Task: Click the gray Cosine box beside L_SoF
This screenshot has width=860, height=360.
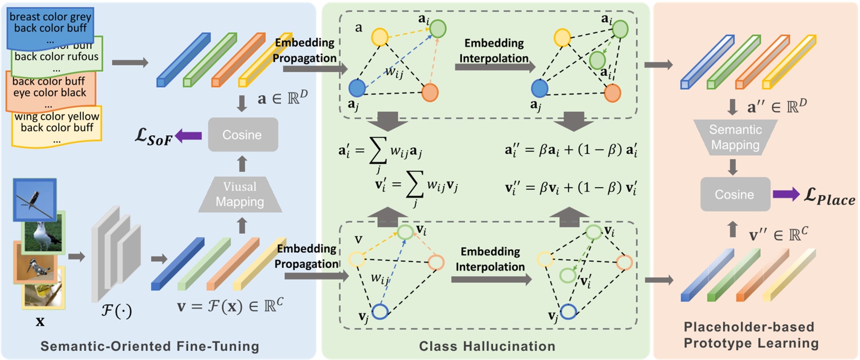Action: click(x=242, y=135)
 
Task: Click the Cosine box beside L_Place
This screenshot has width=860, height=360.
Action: click(x=734, y=194)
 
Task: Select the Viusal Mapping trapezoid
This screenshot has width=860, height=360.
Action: click(x=240, y=194)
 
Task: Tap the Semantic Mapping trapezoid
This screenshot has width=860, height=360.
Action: click(x=735, y=137)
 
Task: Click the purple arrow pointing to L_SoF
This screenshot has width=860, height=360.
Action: click(x=188, y=136)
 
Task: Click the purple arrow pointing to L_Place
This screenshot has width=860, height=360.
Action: click(x=786, y=194)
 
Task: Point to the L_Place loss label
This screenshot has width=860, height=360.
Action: click(x=829, y=197)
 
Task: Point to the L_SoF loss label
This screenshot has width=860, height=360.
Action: click(x=153, y=136)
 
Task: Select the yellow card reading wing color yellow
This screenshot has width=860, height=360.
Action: click(x=57, y=127)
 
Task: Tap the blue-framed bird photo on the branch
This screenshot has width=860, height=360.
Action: click(x=35, y=199)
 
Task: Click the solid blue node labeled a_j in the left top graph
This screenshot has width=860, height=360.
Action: click(x=357, y=88)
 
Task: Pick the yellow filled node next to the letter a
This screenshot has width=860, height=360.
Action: click(x=380, y=37)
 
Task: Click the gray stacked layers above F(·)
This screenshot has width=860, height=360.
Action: click(x=116, y=253)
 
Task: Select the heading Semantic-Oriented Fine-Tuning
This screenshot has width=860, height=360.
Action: click(x=150, y=346)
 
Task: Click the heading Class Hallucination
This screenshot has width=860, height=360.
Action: click(x=487, y=346)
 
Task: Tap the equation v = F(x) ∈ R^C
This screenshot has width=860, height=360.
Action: click(x=230, y=306)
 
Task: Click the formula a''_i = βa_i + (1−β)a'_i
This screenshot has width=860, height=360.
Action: click(x=571, y=150)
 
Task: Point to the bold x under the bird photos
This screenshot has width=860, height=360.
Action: click(x=40, y=321)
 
